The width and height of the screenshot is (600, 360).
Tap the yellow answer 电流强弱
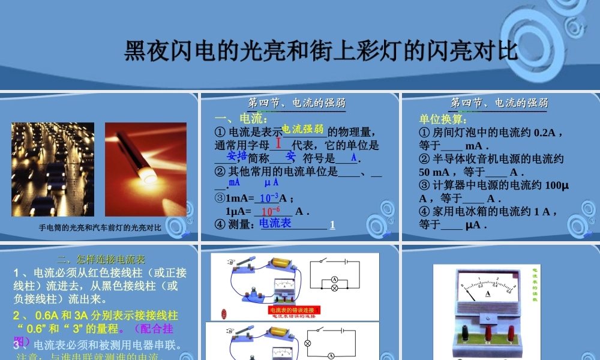pyautogui.click(x=303, y=128)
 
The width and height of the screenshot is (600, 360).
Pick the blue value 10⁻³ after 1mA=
pyautogui.click(x=269, y=197)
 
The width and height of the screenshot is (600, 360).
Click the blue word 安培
pyautogui.click(x=237, y=156)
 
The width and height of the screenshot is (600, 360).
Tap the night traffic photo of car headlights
pyautogui.click(x=53, y=169)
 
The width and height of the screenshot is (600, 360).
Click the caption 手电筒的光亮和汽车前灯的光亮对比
pyautogui.click(x=101, y=227)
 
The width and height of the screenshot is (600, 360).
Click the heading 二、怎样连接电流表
pyautogui.click(x=101, y=260)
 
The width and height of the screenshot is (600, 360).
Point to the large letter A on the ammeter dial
pyautogui.click(x=488, y=294)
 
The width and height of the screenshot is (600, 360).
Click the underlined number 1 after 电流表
pyautogui.click(x=332, y=225)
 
